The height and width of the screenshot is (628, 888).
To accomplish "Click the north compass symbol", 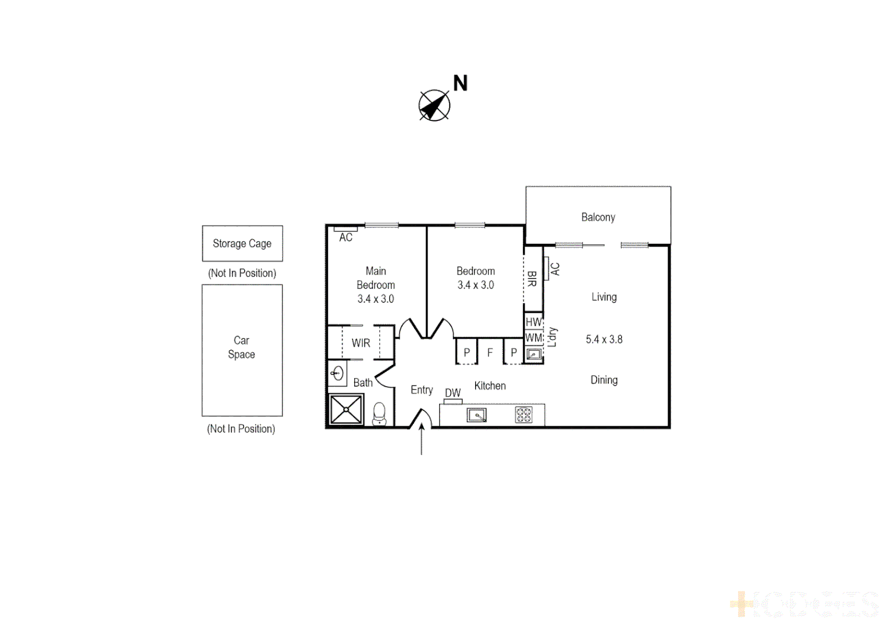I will [x=434, y=106].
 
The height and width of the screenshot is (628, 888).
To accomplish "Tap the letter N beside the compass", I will [x=460, y=84].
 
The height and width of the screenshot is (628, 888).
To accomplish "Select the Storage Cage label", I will [x=242, y=244].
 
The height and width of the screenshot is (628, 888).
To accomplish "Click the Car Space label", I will [x=241, y=347].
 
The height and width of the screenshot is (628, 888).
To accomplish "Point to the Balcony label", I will [x=598, y=217].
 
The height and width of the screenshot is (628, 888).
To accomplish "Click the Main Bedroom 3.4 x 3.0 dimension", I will [x=376, y=299].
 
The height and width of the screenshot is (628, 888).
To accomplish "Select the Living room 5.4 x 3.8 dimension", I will [x=604, y=340].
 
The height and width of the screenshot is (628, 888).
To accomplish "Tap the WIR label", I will [x=361, y=343].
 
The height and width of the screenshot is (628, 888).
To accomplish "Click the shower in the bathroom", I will [x=346, y=409].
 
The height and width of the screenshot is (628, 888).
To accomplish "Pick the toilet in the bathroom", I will [x=379, y=413].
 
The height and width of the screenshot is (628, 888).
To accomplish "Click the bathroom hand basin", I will [x=337, y=373].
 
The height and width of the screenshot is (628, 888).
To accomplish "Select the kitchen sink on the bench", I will [x=477, y=415].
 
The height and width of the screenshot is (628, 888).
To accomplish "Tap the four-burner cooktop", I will [x=523, y=415].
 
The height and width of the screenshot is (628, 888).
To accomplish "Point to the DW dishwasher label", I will [x=452, y=393].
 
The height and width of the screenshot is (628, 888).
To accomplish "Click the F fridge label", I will [x=490, y=352].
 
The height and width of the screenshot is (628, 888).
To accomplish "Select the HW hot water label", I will [x=533, y=322].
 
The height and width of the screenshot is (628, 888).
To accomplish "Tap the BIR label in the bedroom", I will [x=532, y=279].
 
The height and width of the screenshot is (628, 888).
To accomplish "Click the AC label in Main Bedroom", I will [x=346, y=237].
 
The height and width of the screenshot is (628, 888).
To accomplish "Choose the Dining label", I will [x=604, y=380].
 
